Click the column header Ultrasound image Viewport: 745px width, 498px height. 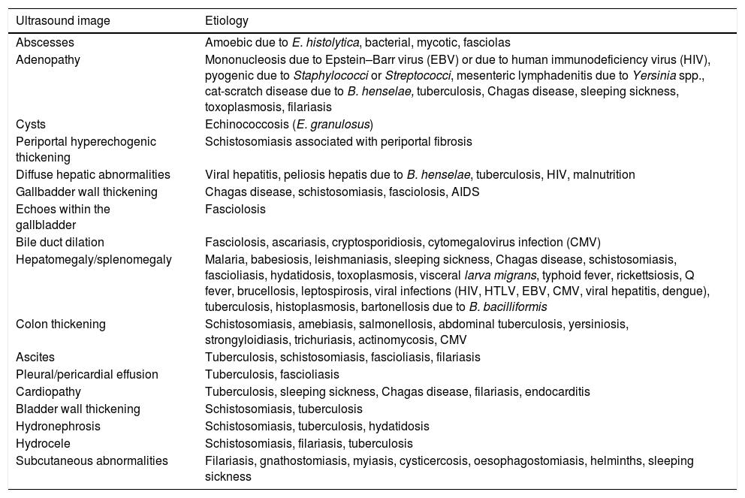63,20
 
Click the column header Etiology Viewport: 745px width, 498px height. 226,20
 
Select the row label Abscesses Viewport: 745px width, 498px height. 45,44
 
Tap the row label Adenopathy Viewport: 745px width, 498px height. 50,59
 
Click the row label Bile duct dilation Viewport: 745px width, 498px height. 60,242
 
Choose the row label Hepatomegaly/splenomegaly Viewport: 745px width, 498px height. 94,259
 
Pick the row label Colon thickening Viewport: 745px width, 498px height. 61,324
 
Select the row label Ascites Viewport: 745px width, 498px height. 35,358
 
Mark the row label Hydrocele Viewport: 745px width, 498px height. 42,443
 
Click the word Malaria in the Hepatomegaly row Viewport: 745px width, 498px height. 224,259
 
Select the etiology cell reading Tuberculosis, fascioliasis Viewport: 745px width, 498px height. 272,374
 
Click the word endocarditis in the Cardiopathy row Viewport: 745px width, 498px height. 557,391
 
